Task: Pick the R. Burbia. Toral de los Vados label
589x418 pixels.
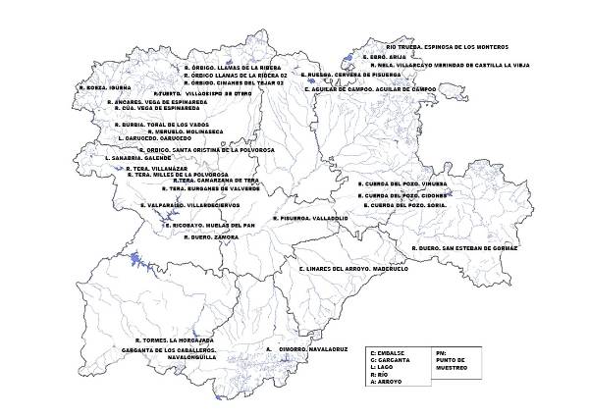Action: pos(162,125)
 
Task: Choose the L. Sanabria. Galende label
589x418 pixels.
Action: pos(137,157)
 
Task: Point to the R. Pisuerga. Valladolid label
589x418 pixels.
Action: pos(304,218)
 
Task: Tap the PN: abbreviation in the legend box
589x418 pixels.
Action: pos(439,350)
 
